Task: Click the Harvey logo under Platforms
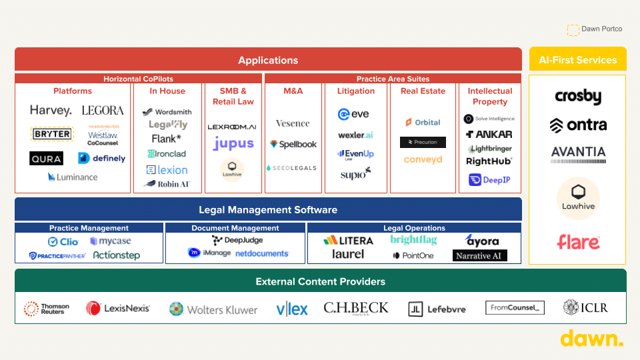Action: [51, 110]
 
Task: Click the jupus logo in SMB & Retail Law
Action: [233, 143]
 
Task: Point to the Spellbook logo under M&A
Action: [293, 144]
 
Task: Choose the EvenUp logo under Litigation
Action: [356, 154]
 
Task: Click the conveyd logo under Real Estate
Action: [423, 160]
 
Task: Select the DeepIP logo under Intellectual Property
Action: [489, 179]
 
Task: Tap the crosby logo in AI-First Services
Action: [578, 97]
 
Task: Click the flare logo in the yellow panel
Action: [578, 241]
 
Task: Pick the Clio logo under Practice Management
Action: [63, 241]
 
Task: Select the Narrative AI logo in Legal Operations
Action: [480, 255]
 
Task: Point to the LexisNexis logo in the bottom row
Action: [118, 308]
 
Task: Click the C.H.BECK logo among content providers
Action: [356, 308]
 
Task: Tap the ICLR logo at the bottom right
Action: [585, 307]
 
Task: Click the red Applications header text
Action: [268, 60]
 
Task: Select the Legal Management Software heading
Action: [268, 209]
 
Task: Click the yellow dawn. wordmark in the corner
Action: [592, 339]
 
